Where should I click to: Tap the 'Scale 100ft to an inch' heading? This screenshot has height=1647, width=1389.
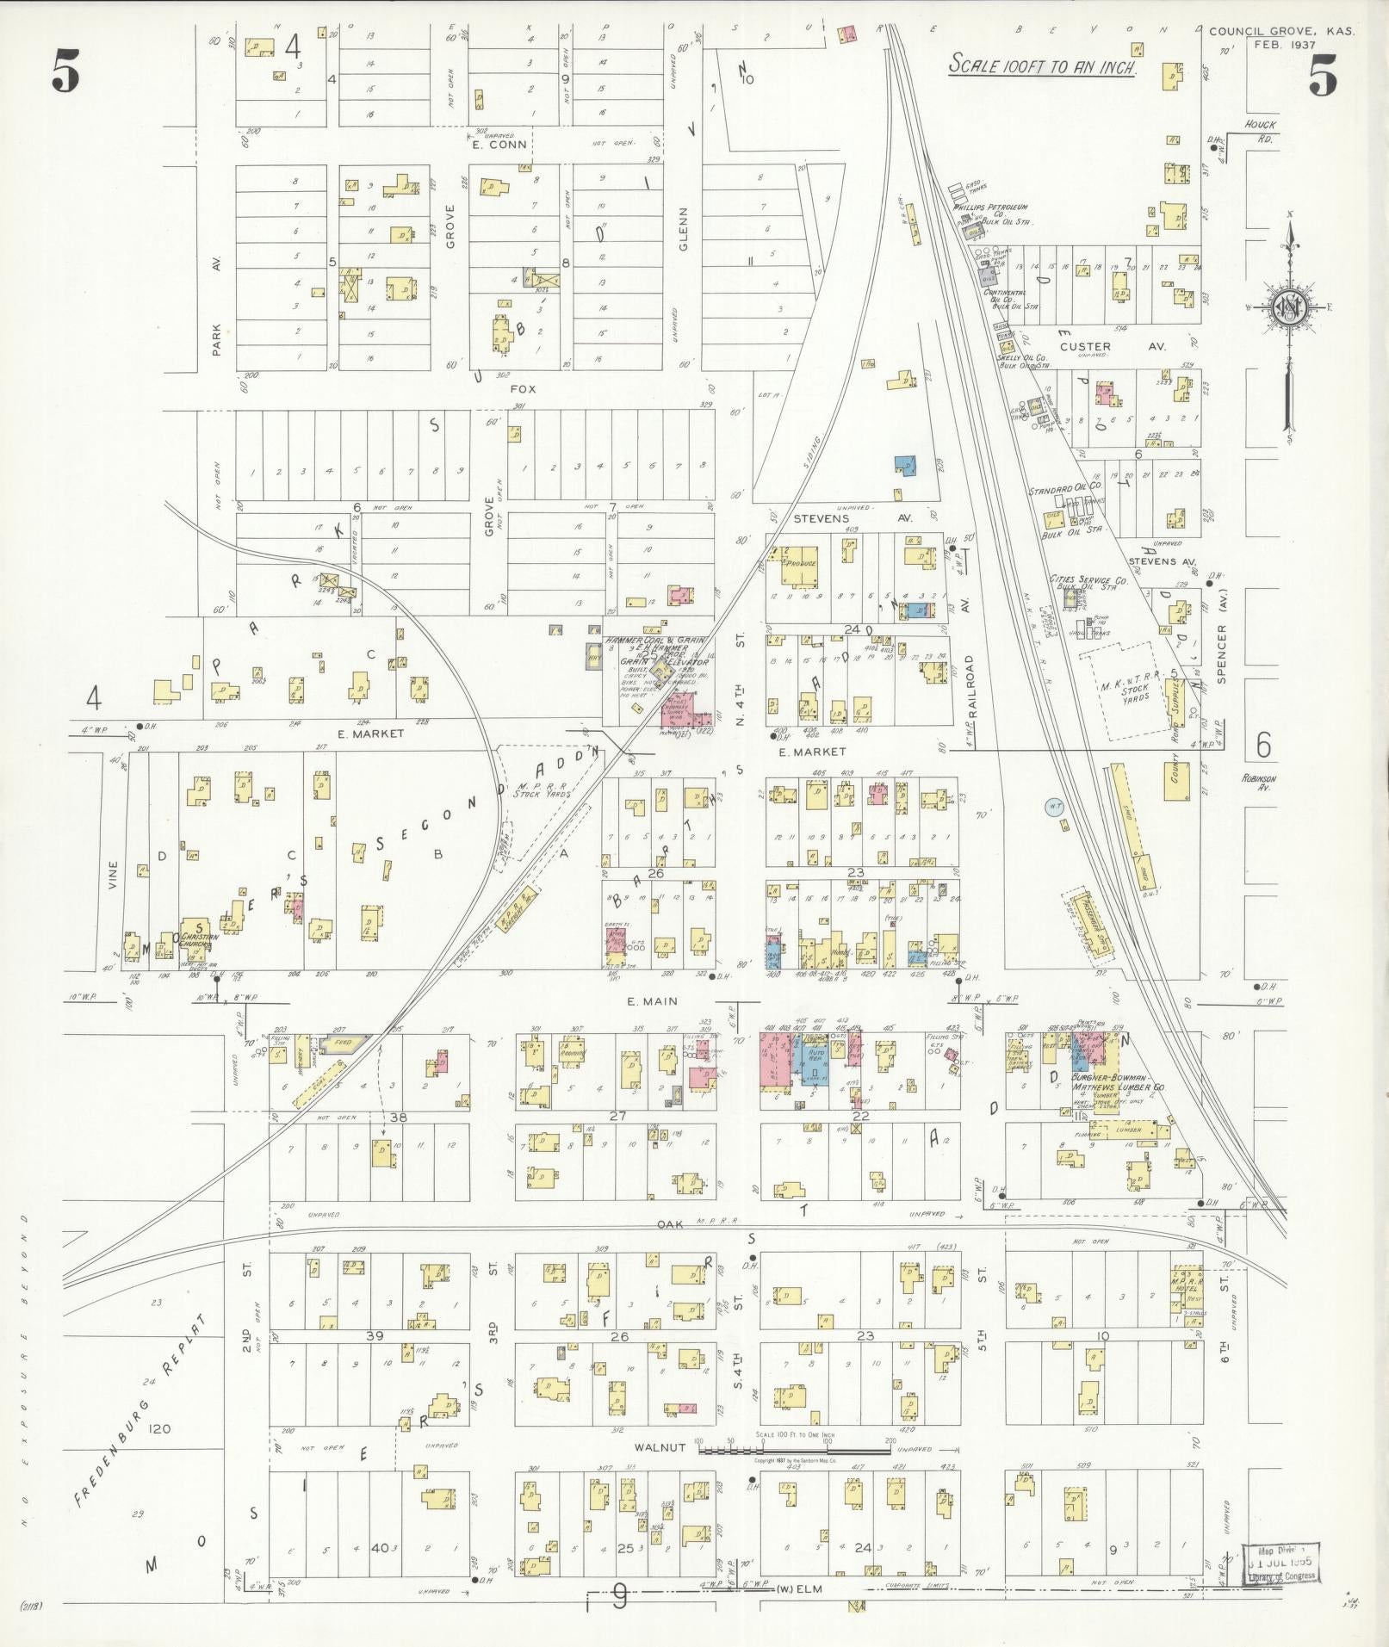(x=1042, y=65)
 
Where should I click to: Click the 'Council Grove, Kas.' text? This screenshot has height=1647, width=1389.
(x=1281, y=31)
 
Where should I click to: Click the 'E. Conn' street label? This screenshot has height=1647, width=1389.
(x=499, y=144)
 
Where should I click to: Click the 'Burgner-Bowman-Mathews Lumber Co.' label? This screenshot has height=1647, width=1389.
(x=1118, y=1082)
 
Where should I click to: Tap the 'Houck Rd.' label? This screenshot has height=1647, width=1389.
(x=1260, y=130)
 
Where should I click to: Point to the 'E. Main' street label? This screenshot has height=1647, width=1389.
(x=658, y=1001)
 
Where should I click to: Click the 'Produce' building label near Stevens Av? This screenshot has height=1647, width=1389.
(x=800, y=564)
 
